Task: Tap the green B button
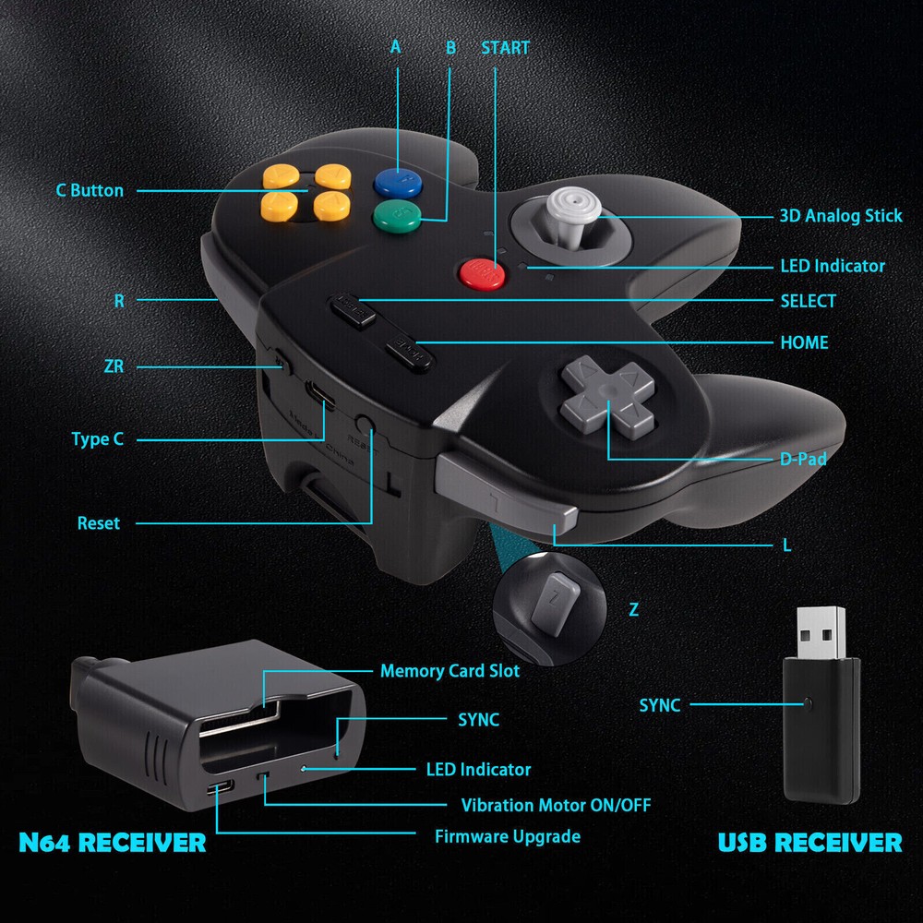click(x=397, y=217)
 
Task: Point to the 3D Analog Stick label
click(x=840, y=216)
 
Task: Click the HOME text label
click(x=804, y=342)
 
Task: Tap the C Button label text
click(x=90, y=191)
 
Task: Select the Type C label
click(x=97, y=439)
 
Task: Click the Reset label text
click(x=98, y=523)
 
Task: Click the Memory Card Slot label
click(x=450, y=671)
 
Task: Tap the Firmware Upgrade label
click(x=508, y=836)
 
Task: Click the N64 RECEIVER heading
click(x=112, y=842)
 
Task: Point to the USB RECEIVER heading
click(x=809, y=842)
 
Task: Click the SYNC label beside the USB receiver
click(x=660, y=705)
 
